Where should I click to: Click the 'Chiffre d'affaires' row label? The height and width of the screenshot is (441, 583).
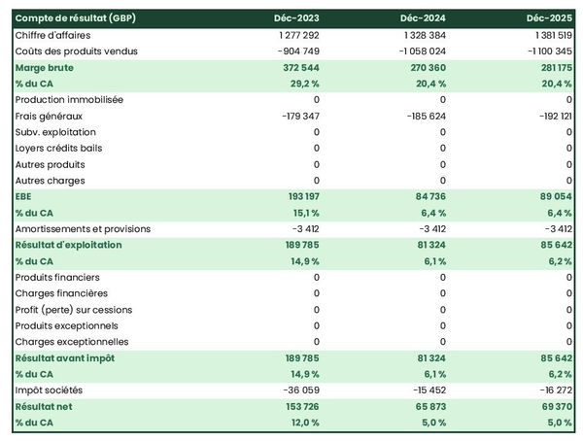pyautogui.click(x=53, y=35)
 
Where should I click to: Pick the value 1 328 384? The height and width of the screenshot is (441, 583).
pyautogui.click(x=423, y=35)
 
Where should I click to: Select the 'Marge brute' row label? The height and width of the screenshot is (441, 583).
pyautogui.click(x=44, y=67)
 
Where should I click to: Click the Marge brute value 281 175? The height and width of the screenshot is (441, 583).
pyautogui.click(x=552, y=67)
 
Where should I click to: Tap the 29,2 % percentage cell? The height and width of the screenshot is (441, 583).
pyautogui.click(x=300, y=84)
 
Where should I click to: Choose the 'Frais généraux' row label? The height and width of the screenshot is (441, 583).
pyautogui.click(x=50, y=116)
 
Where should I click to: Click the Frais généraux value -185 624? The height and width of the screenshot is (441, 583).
pyautogui.click(x=422, y=116)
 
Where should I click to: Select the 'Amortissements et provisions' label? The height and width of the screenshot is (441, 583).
pyautogui.click(x=81, y=229)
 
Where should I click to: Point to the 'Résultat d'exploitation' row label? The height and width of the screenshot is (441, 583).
pyautogui.click(x=69, y=245)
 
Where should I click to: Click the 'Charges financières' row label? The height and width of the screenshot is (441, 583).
pyautogui.click(x=61, y=293)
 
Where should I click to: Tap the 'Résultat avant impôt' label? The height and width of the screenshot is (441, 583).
pyautogui.click(x=65, y=358)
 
